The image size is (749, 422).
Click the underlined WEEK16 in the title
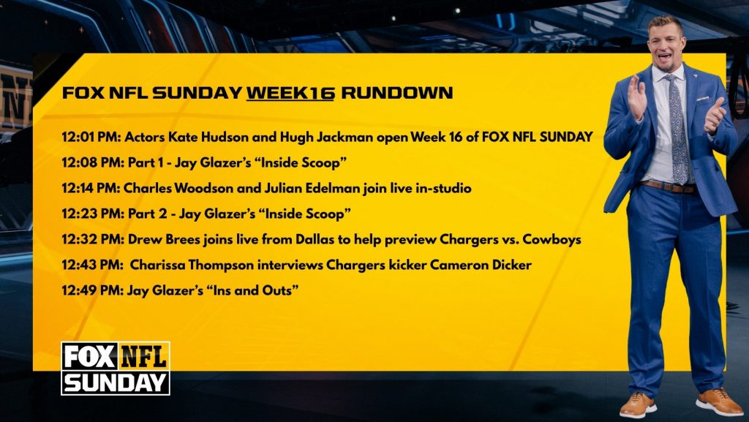[290, 93]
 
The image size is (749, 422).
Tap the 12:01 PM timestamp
[91, 137]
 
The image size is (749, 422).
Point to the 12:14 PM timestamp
[91, 188]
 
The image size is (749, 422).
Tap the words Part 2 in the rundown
[148, 214]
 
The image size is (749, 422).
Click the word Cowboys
[552, 239]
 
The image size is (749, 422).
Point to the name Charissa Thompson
[192, 265]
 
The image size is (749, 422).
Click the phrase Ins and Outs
[253, 290]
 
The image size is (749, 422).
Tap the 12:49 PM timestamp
[91, 290]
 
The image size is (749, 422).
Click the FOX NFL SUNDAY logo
[116, 369]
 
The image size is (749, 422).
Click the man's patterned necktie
[677, 129]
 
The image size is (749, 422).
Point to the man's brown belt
[669, 186]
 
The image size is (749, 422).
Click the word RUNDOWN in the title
[396, 93]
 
